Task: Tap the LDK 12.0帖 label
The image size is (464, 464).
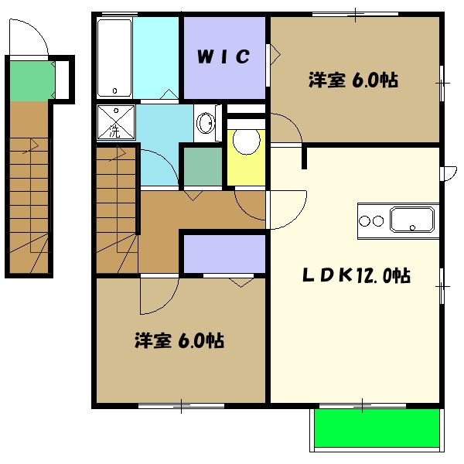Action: pos(357,275)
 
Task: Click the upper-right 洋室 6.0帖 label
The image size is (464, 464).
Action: pos(353,80)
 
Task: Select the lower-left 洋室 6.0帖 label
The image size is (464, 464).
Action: pos(179,339)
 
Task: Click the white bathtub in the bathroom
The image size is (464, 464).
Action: pos(114,58)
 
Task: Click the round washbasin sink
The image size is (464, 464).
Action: pos(205,122)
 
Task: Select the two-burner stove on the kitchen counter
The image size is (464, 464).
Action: pos(372,221)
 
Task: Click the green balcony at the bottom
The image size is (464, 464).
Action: pos(377,428)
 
